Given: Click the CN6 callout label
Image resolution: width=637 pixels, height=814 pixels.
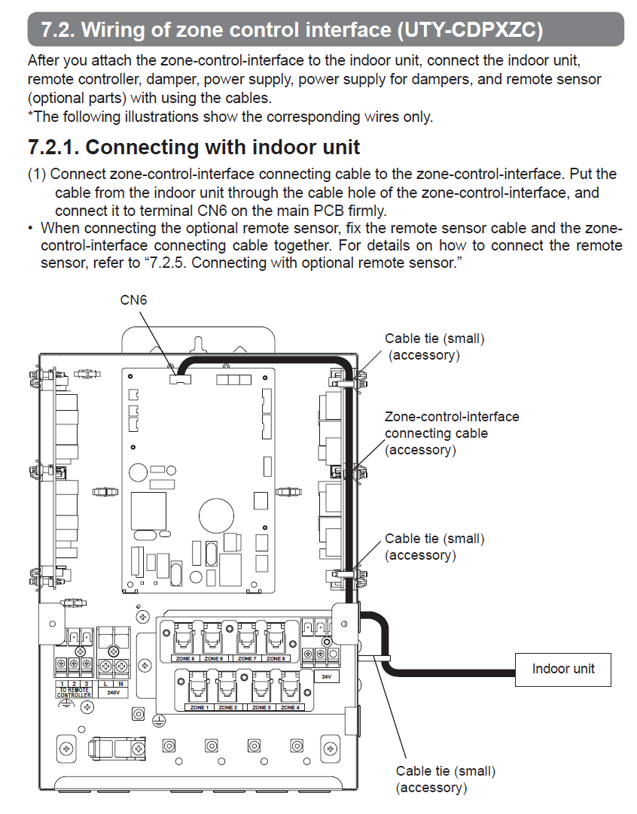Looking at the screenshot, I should pyautogui.click(x=134, y=300).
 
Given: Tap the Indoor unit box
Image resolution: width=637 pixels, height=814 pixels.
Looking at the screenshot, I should pyautogui.click(x=563, y=668).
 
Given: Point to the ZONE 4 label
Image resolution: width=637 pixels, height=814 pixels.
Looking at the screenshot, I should pyautogui.click(x=289, y=708).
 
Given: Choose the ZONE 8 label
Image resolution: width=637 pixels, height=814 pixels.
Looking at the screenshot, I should pyautogui.click(x=276, y=658).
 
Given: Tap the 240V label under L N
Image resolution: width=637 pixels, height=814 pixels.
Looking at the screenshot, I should pyautogui.click(x=114, y=692).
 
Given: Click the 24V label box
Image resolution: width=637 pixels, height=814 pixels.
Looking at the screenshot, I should pyautogui.click(x=326, y=676).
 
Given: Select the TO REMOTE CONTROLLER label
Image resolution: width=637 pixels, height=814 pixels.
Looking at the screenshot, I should pyautogui.click(x=75, y=692).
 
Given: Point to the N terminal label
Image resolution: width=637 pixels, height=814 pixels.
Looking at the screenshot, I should pyautogui.click(x=120, y=683).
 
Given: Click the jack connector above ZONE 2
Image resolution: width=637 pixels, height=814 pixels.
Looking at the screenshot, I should pyautogui.click(x=227, y=685).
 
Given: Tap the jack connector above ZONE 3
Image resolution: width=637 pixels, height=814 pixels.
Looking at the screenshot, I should pyautogui.click(x=259, y=685).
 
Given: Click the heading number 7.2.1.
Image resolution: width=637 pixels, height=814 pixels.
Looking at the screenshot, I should pyautogui.click(x=54, y=147).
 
